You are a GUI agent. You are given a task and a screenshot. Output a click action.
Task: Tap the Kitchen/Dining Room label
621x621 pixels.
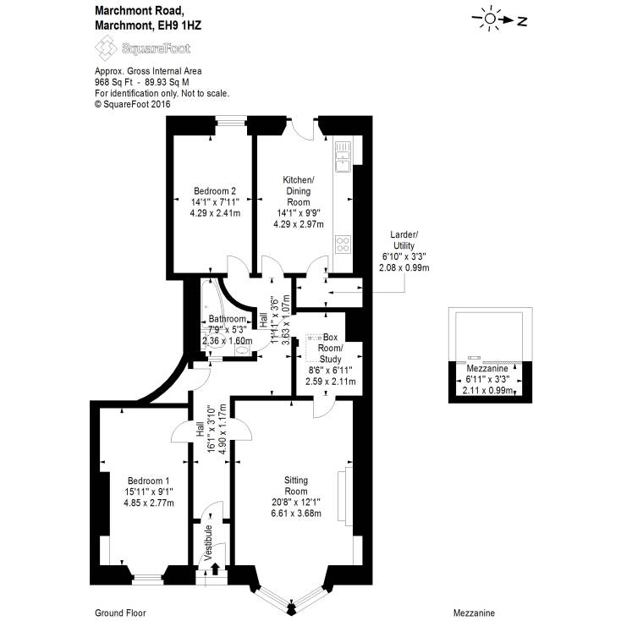coord(298,191)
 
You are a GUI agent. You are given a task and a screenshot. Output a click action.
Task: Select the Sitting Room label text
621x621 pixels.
coord(295,486)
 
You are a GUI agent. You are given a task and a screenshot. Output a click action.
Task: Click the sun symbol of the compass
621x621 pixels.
coord(490,19)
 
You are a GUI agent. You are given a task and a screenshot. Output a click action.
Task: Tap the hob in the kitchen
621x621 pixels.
coord(343,245)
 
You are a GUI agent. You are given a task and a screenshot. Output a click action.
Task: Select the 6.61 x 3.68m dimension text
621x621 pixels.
coord(295,514)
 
